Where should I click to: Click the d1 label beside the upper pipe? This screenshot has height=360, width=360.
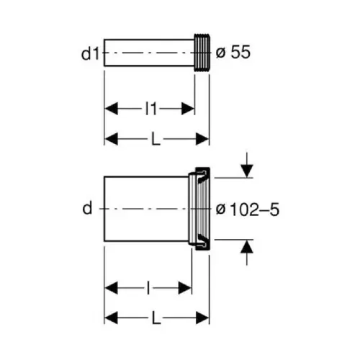[x=90, y=54]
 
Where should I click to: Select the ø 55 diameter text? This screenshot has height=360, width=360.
[x=233, y=53]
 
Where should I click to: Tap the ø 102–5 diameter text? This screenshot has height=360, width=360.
[x=248, y=210]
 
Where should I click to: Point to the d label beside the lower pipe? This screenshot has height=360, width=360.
[x=87, y=208]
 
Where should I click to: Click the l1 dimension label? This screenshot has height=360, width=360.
[x=151, y=109]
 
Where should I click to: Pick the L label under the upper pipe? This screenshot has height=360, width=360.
[x=156, y=139]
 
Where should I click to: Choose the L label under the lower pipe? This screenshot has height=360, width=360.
[x=156, y=318]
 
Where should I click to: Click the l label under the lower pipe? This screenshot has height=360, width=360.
[x=148, y=288]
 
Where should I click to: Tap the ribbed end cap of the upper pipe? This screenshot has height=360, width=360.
[x=202, y=53]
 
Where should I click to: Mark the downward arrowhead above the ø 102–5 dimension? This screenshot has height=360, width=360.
[x=247, y=171]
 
